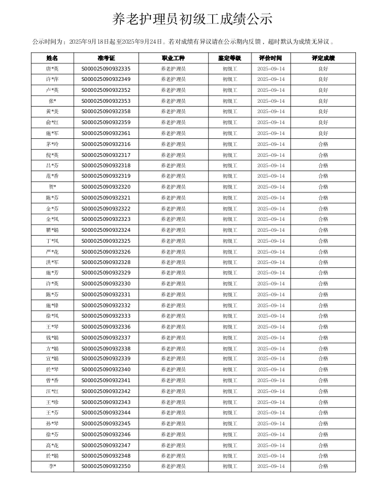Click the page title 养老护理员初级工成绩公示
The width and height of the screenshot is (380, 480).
(x=192, y=19)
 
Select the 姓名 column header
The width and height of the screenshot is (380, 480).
(x=52, y=58)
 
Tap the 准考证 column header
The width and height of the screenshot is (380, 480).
(x=106, y=58)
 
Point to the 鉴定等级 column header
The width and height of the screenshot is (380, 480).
(x=230, y=58)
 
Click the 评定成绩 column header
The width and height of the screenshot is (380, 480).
(x=323, y=58)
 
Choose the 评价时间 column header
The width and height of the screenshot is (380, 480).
(x=271, y=58)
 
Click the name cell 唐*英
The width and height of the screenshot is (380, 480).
(x=52, y=69)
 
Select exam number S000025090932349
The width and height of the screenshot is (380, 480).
(x=106, y=79)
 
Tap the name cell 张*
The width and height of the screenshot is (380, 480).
(x=52, y=101)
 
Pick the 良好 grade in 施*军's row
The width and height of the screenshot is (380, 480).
(x=323, y=133)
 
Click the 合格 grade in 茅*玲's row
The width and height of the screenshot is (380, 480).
(x=323, y=144)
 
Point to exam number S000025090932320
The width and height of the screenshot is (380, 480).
(x=106, y=187)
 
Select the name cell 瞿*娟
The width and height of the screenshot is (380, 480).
(x=52, y=230)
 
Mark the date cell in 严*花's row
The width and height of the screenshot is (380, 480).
(x=271, y=252)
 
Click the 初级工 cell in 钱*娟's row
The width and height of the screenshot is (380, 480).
(x=230, y=338)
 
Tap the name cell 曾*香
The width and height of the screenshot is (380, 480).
(x=52, y=381)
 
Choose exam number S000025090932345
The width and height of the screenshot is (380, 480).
(x=106, y=424)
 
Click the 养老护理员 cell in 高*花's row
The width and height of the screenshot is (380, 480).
(x=173, y=446)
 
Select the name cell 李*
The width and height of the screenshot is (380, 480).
(x=52, y=466)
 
